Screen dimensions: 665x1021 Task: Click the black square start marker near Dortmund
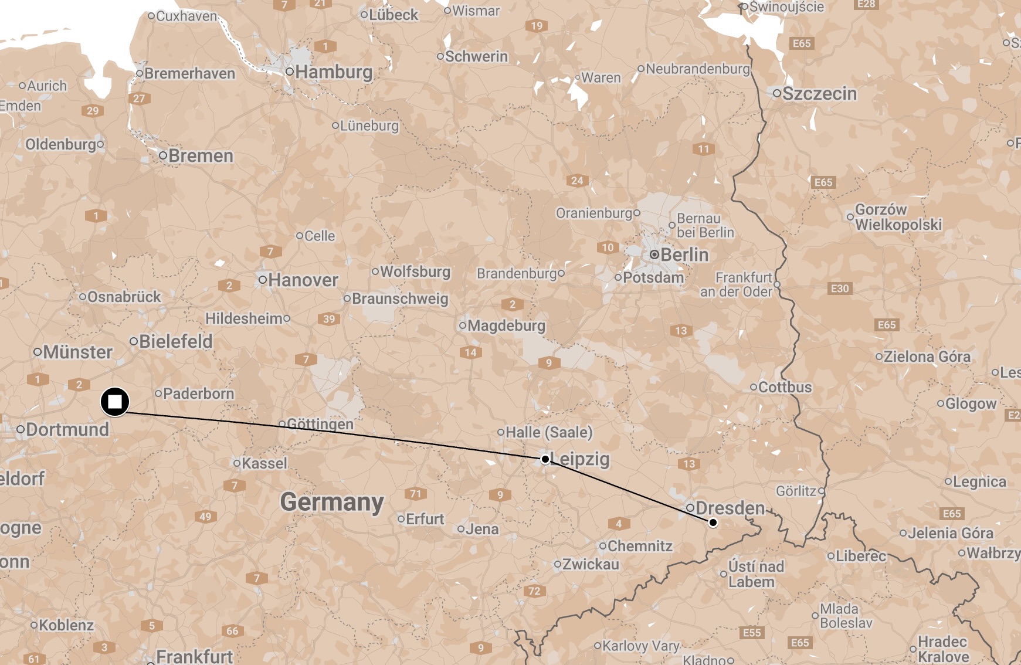pos(115,402)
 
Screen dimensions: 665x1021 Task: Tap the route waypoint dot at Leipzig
pos(545,459)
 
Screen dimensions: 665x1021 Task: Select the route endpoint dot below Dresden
pos(713,522)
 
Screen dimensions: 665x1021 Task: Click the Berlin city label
pos(684,255)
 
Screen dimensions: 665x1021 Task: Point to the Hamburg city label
pos(334,72)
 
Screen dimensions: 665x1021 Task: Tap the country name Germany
pos(332,502)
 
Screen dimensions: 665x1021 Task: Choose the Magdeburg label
pos(506,325)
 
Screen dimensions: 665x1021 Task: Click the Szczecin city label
pos(819,94)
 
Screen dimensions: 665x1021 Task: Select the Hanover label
pos(303,280)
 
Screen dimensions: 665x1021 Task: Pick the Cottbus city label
pos(785,388)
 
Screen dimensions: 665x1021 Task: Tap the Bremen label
pos(201,156)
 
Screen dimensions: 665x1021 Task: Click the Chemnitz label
pos(640,547)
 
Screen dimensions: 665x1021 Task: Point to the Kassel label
pos(264,463)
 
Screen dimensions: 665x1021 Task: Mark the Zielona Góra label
pos(927,357)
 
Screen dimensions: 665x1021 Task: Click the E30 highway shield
pos(840,289)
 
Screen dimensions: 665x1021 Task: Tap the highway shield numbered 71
pos(416,494)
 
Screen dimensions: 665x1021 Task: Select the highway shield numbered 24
pos(577,181)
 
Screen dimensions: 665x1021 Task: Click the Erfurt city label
pos(425,519)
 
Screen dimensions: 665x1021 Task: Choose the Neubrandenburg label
pos(697,69)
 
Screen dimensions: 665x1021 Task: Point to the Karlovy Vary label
pos(640,646)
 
